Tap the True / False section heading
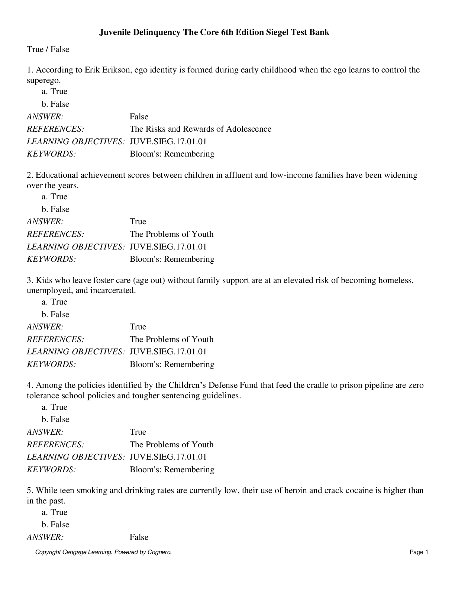[48, 49]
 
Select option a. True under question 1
[55, 91]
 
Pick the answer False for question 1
[139, 117]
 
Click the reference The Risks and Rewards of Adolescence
[200, 129]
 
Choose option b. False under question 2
[55, 209]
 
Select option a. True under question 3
[55, 302]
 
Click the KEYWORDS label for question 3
[51, 364]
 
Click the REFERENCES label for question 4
[55, 445]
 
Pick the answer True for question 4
[138, 432]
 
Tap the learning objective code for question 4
[168, 457]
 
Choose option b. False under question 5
[55, 525]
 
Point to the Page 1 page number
[419, 553]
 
